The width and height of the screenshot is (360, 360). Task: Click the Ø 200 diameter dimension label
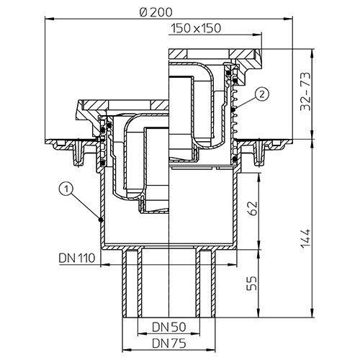156,12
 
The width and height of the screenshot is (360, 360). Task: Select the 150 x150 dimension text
196,28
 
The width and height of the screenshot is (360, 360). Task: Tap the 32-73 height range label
305,91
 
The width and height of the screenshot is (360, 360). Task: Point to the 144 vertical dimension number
305,239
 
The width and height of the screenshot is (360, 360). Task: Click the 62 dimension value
252,208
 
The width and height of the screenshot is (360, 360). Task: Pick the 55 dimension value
252,283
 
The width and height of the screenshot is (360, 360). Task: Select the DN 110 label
77,258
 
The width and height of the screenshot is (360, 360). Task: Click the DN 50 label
169,327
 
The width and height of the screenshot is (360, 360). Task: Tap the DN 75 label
169,343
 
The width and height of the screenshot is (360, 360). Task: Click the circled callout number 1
66,189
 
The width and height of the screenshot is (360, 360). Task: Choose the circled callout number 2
262,94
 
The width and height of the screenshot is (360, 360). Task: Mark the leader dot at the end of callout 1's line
101,220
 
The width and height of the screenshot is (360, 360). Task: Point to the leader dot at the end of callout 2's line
233,109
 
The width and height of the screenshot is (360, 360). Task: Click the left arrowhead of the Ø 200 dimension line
50,18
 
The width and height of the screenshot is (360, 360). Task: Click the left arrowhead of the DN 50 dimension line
143,333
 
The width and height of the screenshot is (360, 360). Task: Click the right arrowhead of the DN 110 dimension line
233,265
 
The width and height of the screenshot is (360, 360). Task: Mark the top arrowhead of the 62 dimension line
258,177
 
